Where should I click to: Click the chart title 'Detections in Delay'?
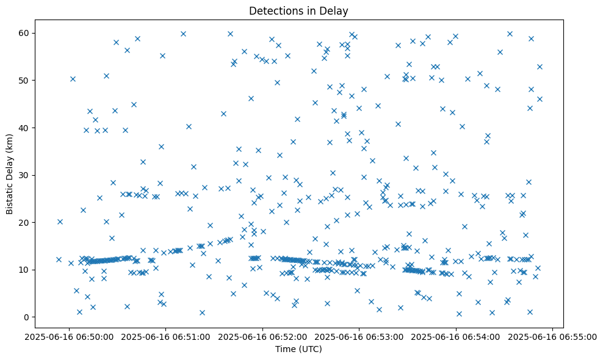[x=298, y=11]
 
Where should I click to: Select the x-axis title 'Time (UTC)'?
[x=298, y=350]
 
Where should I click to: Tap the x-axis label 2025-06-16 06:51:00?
[x=166, y=336]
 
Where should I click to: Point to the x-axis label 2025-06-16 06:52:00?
[x=263, y=336]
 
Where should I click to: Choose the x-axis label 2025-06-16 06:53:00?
[x=359, y=336]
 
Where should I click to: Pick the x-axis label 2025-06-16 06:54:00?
[x=456, y=336]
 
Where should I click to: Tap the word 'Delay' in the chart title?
[x=334, y=11]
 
